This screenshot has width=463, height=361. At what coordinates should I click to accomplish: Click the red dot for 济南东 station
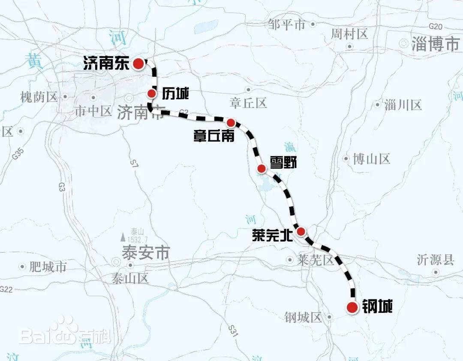click(x=138, y=64)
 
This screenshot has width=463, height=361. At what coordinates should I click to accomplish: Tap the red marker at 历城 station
click(x=152, y=94)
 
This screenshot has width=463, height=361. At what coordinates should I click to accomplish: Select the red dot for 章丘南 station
click(x=231, y=122)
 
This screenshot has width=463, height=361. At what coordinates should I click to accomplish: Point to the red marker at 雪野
click(x=261, y=168)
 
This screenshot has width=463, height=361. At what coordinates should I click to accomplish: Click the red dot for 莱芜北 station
click(x=301, y=231)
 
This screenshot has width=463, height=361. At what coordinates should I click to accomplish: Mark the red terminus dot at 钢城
click(x=352, y=307)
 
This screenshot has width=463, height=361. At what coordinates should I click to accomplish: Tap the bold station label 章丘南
click(x=213, y=136)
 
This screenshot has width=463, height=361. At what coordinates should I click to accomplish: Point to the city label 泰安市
click(x=146, y=253)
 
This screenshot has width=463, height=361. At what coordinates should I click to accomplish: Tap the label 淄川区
click(x=403, y=105)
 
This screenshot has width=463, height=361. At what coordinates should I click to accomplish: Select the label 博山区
click(x=371, y=159)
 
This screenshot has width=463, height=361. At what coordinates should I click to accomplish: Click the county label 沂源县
click(x=435, y=260)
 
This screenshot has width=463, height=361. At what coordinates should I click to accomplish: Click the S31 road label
click(x=233, y=330)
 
